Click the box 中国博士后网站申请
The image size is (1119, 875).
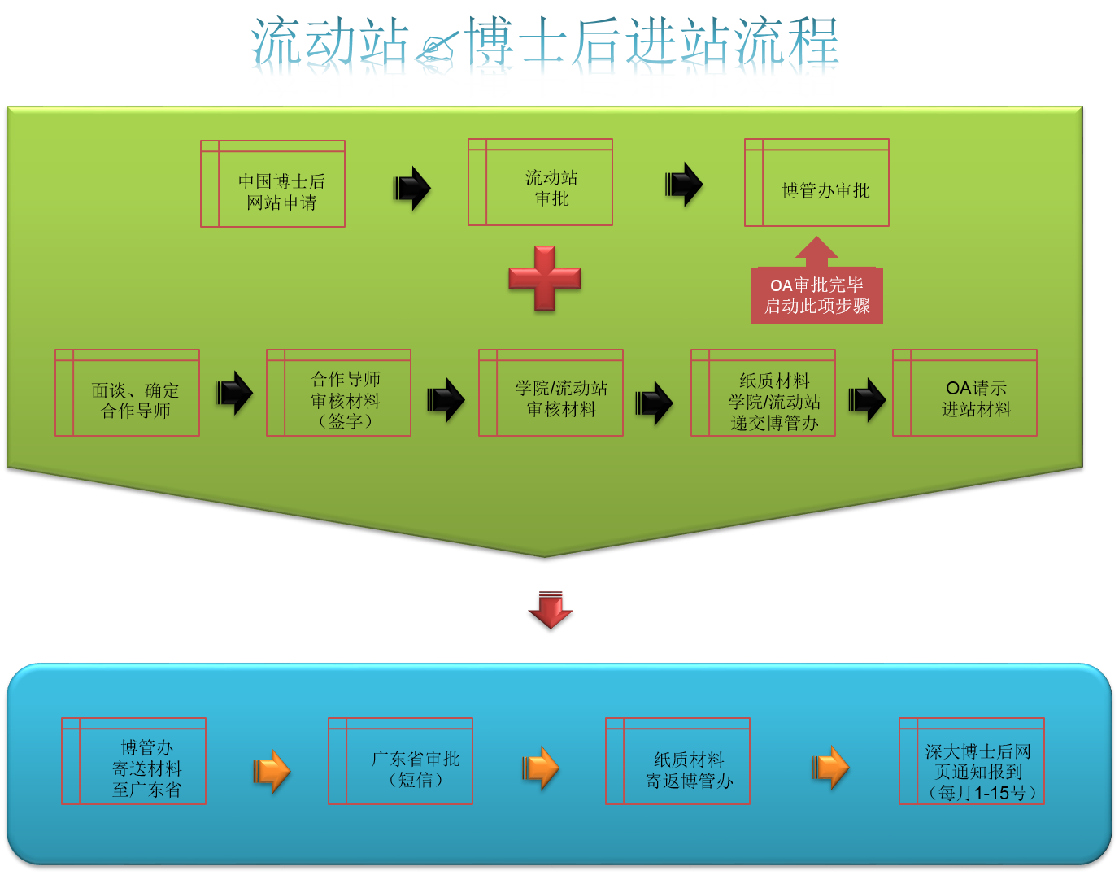[x=273, y=185]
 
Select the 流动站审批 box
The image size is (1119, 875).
[x=541, y=183]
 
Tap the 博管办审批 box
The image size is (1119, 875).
[x=817, y=183]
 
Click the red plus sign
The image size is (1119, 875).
[x=545, y=278]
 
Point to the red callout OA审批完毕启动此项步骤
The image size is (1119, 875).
[x=816, y=294]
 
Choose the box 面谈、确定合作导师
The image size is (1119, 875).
[x=128, y=394]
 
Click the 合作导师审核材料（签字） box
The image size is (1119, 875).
[x=339, y=394]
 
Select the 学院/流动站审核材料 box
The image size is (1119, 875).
[x=551, y=394]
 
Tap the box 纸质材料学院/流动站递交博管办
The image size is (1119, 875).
[x=764, y=394]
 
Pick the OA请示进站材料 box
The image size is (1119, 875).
[x=965, y=394]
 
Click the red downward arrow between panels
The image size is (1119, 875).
[x=551, y=609]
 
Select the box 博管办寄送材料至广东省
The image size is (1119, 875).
[x=134, y=762]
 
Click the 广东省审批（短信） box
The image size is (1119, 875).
[x=401, y=762]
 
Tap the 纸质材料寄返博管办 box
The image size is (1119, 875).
[x=678, y=762]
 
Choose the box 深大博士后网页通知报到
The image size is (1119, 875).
[x=972, y=762]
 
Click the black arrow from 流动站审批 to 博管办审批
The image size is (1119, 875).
[x=684, y=185]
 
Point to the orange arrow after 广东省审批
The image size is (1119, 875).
[x=541, y=768]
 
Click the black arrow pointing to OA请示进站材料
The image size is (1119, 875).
[x=867, y=400]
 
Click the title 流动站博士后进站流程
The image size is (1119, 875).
[x=545, y=46]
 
